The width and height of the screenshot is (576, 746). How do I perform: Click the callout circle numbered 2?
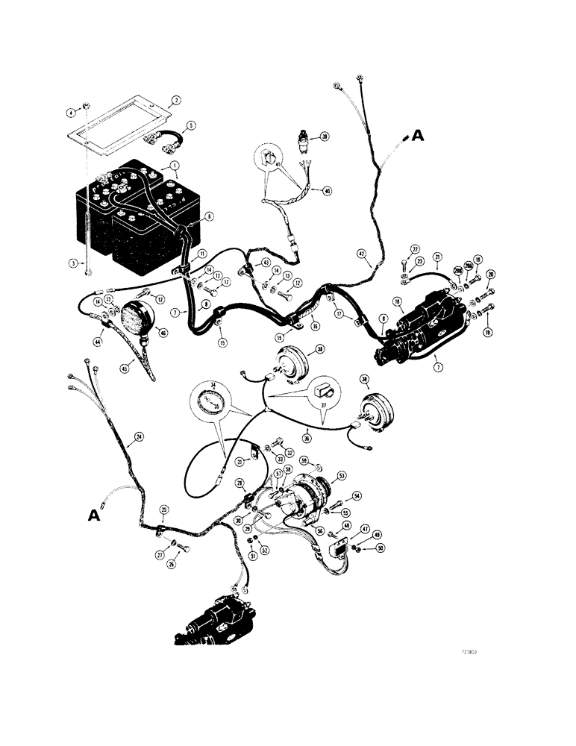coord(176,99)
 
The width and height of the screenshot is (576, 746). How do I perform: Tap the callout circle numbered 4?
coord(72,113)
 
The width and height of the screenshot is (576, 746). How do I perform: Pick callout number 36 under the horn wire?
coord(307,439)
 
